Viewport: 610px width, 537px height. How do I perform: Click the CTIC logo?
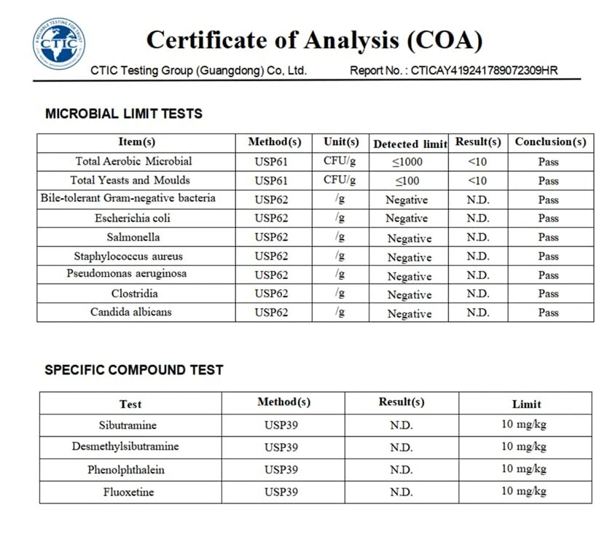[x=58, y=44]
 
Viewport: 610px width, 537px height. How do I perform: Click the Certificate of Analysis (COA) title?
[x=314, y=40]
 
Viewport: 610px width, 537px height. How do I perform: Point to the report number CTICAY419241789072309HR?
[x=485, y=71]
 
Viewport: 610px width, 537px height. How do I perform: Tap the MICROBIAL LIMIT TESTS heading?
[x=124, y=114]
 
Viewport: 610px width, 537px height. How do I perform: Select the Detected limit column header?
[x=410, y=144]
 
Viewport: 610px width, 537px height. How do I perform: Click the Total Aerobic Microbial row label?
[x=134, y=161]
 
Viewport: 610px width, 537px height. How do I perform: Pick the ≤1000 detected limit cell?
[x=408, y=162]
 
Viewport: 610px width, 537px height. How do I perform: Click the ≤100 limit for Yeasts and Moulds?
[x=408, y=181]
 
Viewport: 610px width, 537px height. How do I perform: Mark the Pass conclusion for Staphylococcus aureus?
[x=548, y=256]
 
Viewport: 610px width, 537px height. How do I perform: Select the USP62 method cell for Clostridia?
[x=271, y=294]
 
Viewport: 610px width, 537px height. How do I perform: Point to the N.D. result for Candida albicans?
[x=478, y=313]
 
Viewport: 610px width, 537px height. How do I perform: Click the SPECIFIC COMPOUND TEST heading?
[x=134, y=370]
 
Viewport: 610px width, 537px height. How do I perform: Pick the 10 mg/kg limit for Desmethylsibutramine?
[x=524, y=447]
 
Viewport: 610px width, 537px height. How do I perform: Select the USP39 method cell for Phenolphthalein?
[x=281, y=470]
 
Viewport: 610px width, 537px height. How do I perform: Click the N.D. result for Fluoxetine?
[x=401, y=493]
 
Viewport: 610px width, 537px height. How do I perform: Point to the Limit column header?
[x=527, y=404]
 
